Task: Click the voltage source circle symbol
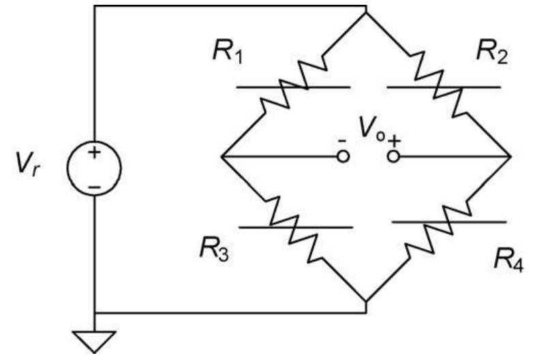pyautogui.click(x=94, y=168)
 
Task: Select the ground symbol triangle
pyautogui.click(x=94, y=337)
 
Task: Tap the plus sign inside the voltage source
pyautogui.click(x=94, y=153)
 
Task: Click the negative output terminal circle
pyautogui.click(x=344, y=157)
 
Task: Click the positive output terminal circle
pyautogui.click(x=393, y=157)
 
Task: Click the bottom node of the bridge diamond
pyautogui.click(x=367, y=301)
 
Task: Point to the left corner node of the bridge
pyautogui.click(x=222, y=157)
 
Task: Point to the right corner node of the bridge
pyautogui.click(x=511, y=157)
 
